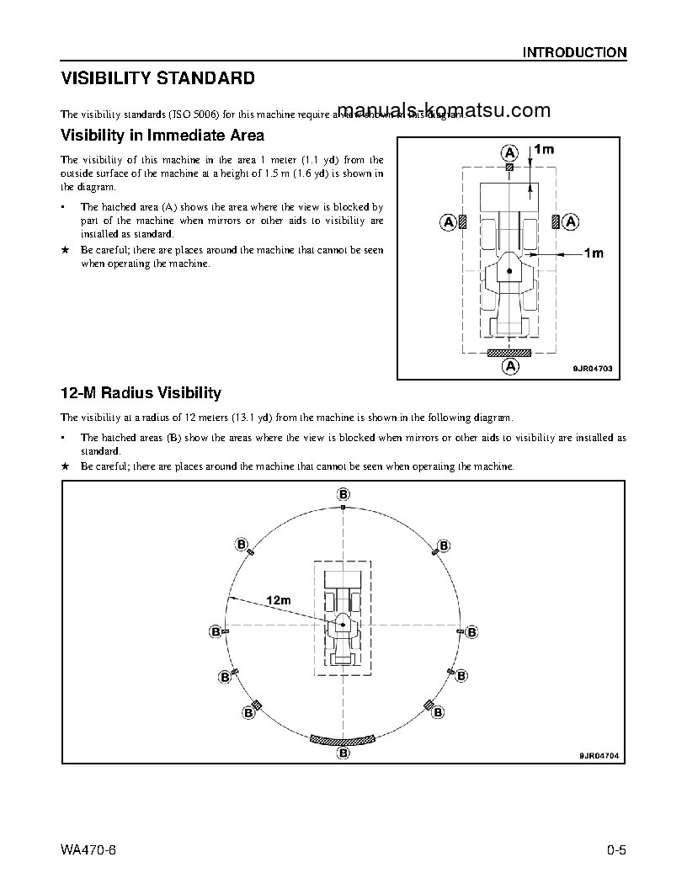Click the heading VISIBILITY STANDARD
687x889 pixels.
point(157,79)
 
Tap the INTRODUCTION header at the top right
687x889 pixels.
point(574,52)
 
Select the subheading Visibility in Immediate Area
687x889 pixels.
point(162,135)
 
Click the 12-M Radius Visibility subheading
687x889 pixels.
point(141,393)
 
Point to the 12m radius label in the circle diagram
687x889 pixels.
point(278,600)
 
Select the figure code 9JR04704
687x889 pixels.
point(598,755)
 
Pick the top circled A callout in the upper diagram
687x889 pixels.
point(510,152)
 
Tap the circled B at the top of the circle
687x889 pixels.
point(343,493)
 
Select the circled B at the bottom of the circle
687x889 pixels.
point(343,753)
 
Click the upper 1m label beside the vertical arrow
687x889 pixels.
point(544,149)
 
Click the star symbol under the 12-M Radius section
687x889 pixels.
point(65,466)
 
